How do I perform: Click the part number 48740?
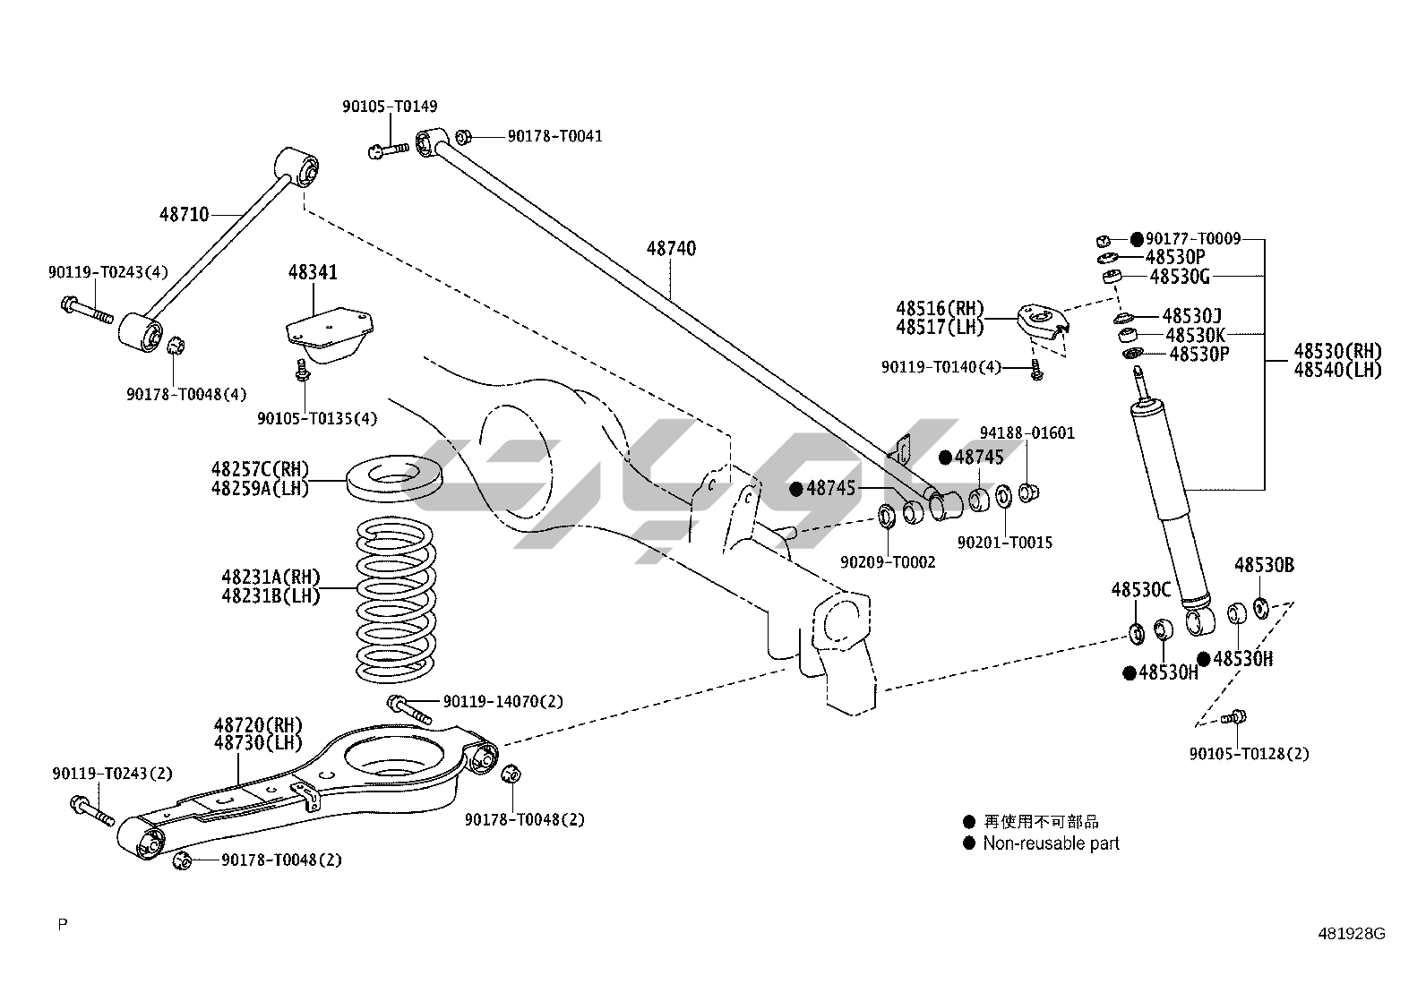[x=671, y=248]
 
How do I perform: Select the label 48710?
[x=185, y=214]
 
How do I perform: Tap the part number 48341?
[x=313, y=271]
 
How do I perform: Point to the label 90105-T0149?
[x=390, y=107]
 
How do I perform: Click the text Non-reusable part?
[x=1051, y=843]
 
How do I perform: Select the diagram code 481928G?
[x=1351, y=934]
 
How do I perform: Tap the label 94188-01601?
[x=1027, y=432]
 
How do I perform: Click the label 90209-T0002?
[x=888, y=561]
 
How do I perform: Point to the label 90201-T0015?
[x=1004, y=542]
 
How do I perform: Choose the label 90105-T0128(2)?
[x=1249, y=753]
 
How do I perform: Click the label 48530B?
[x=1264, y=565]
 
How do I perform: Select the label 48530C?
[x=1141, y=589]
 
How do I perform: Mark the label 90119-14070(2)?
[x=503, y=701]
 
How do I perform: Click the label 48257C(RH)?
[x=260, y=468]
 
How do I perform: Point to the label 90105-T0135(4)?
[x=317, y=418]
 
